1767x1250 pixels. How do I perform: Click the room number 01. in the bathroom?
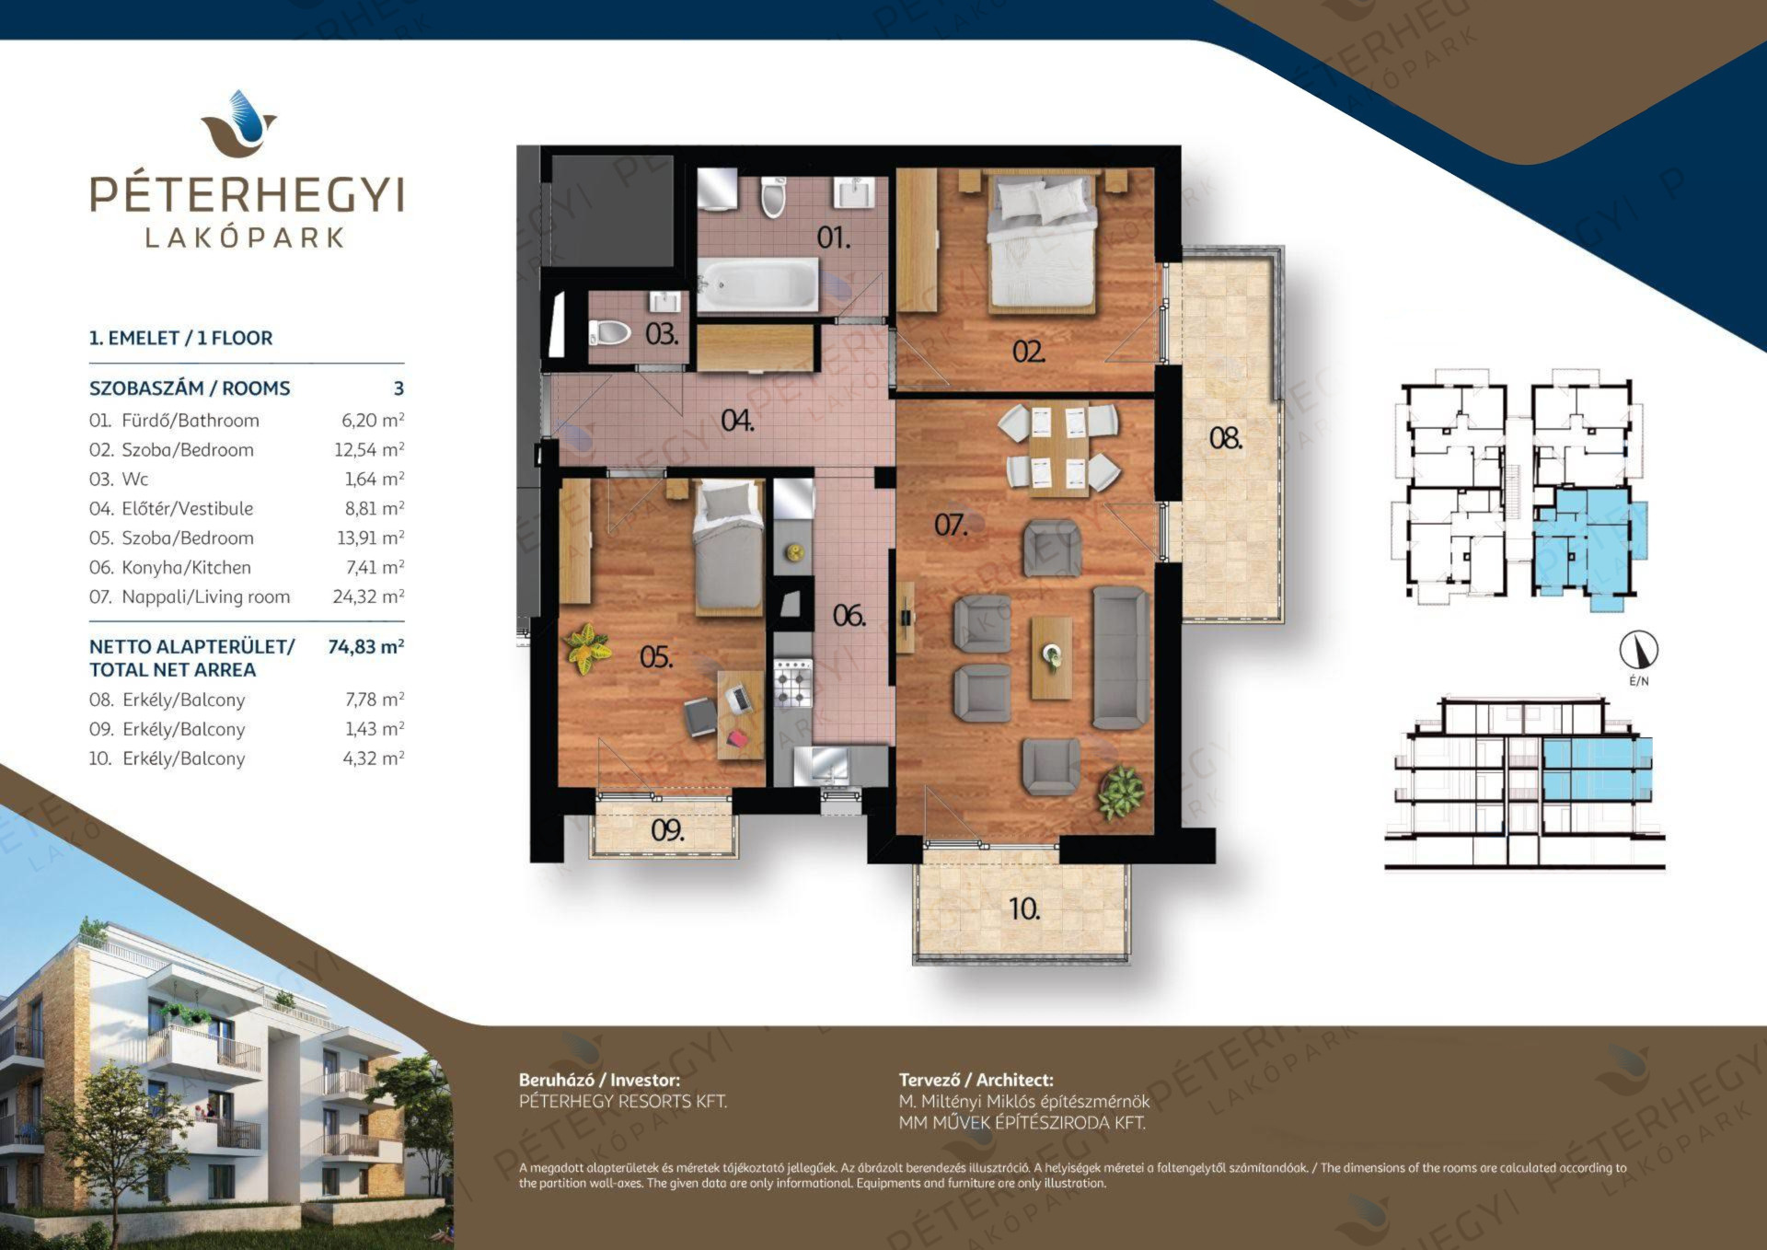pos(833,237)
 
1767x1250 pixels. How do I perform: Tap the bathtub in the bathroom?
pos(757,284)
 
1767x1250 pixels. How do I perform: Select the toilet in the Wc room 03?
pos(609,331)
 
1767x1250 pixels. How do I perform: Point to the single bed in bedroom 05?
pos(728,548)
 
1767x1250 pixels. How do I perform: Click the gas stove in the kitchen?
pos(793,683)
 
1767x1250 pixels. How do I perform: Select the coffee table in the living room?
pos(1051,657)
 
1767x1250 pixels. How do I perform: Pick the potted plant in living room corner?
pos(1121,792)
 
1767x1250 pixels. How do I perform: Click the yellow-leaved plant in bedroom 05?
pos(583,647)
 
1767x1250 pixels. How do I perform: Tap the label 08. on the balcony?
pos(1225,438)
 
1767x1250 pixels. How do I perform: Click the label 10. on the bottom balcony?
pos(1024,909)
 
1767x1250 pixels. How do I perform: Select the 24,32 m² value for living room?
pos(368,596)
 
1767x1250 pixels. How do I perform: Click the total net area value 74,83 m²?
pos(366,646)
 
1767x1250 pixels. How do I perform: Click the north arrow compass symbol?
pos(1638,650)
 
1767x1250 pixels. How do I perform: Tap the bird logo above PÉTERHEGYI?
pos(239,123)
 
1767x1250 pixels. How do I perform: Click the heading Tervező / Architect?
pos(976,1080)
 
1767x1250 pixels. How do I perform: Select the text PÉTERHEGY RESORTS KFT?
pos(623,1101)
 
